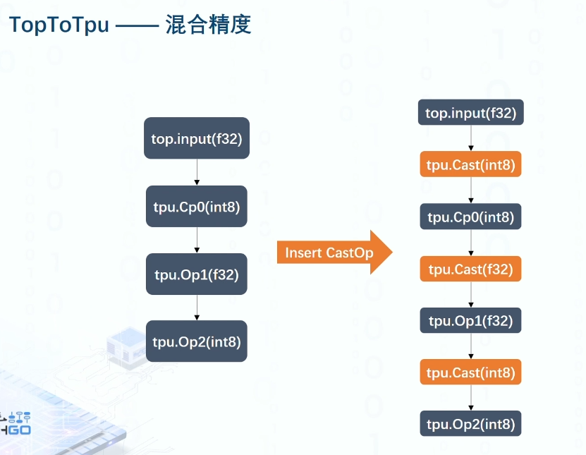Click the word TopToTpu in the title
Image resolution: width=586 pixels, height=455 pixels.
pos(59,25)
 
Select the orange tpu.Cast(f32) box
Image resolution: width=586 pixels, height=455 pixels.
pos(470,269)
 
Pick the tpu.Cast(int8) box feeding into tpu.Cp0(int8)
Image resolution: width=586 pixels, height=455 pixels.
pos(470,166)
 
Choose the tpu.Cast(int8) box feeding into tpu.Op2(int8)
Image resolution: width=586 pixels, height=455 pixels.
pos(470,372)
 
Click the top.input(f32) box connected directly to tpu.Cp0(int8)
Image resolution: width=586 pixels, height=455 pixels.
pos(197,138)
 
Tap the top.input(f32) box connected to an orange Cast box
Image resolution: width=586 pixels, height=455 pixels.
pos(470,113)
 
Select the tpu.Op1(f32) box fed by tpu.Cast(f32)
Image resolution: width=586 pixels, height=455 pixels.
pos(470,321)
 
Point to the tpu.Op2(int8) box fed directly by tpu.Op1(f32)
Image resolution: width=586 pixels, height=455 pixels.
pos(197,341)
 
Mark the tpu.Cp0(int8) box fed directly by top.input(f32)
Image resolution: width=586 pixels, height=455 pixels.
pos(197,206)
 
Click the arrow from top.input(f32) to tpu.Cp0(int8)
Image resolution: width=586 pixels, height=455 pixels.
pos(197,172)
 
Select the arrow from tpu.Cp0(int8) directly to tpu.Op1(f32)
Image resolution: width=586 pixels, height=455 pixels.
pos(197,240)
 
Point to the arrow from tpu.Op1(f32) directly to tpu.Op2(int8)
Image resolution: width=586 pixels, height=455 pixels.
pos(197,308)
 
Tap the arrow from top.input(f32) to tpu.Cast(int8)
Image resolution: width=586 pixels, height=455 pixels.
pos(470,138)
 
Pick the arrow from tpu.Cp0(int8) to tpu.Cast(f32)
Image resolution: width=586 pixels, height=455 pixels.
pos(470,243)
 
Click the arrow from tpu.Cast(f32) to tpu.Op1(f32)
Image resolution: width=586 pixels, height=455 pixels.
pos(470,295)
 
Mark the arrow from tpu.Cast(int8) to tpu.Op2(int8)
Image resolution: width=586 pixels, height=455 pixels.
pos(470,398)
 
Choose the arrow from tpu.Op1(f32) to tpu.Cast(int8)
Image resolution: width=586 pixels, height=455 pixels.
pos(470,346)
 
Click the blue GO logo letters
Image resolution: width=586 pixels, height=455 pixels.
pos(17,430)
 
